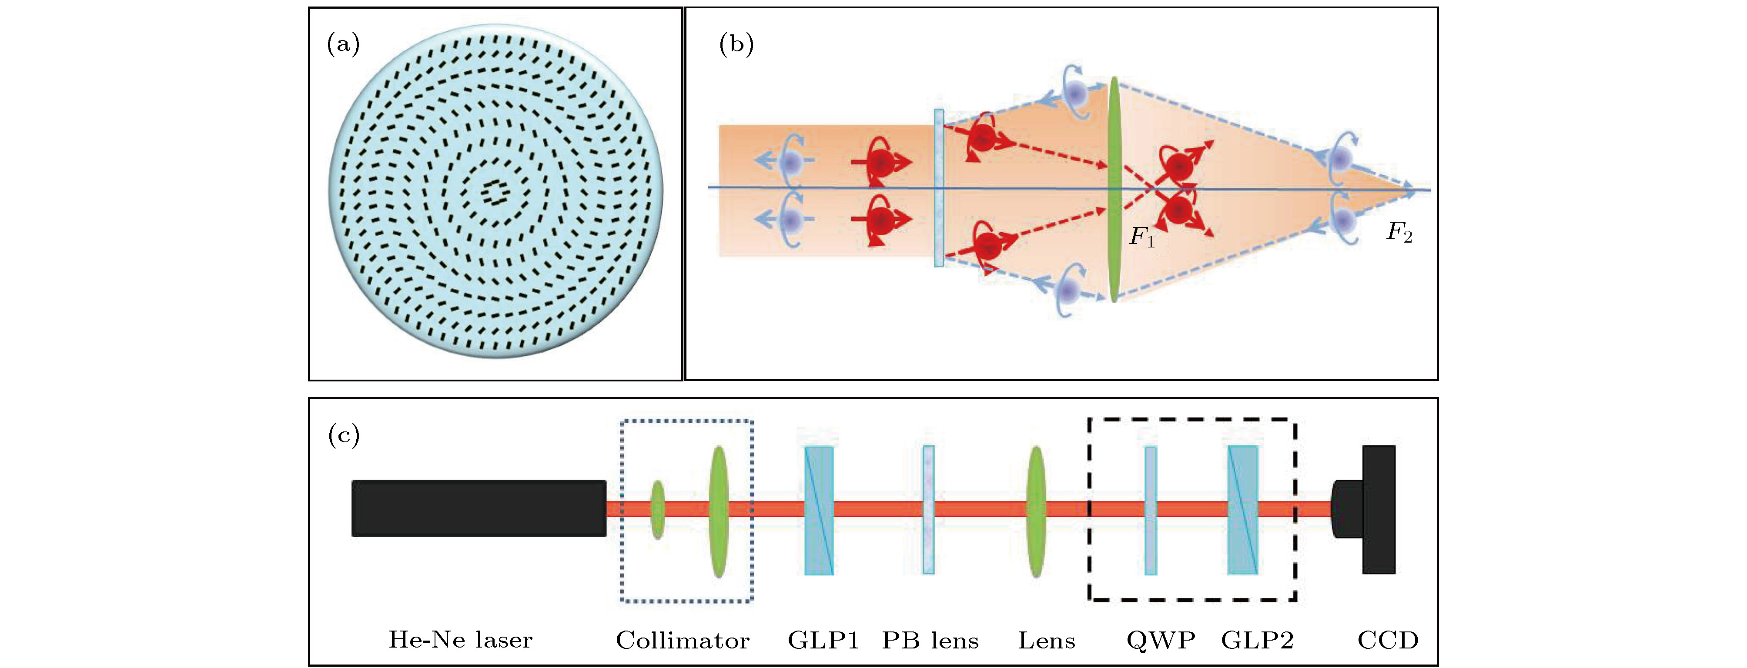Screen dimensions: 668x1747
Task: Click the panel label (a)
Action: [343, 45]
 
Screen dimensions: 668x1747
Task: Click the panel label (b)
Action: [736, 45]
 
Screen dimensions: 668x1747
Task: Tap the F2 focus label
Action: [1399, 233]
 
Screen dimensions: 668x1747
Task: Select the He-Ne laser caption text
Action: [460, 640]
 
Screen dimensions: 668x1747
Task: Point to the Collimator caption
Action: [682, 640]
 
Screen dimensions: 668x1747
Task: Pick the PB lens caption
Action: [930, 640]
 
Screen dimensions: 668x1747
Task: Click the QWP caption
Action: [1160, 640]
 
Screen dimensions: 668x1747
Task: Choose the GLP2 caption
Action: [1257, 640]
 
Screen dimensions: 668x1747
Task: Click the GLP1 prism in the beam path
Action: [819, 510]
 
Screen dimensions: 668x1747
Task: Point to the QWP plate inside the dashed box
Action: [1150, 510]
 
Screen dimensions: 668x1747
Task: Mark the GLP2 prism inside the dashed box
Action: [1242, 510]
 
